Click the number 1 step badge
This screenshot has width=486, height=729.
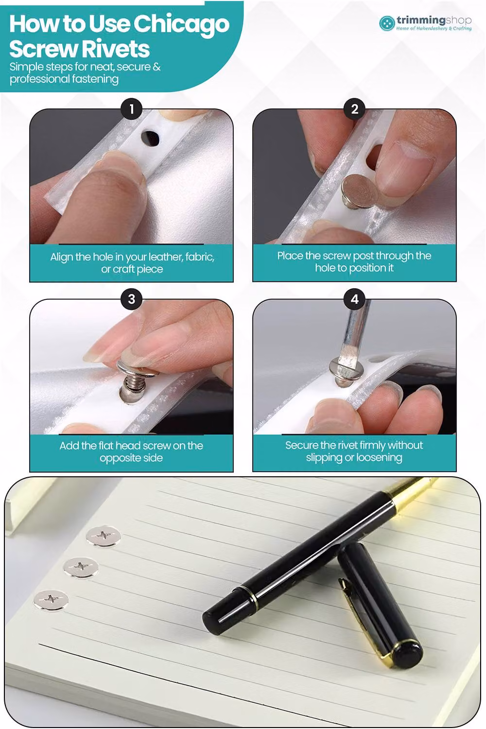coord(132,109)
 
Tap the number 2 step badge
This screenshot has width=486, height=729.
coord(354,109)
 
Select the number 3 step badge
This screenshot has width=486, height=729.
coord(132,299)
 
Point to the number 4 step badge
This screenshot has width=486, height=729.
coord(354,299)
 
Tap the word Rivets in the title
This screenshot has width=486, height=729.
coord(115,49)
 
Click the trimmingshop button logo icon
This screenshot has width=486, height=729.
coord(387,23)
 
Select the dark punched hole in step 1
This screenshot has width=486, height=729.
coord(150,138)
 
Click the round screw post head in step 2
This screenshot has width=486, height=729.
coord(360,189)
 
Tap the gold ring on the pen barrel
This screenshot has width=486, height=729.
coord(253,598)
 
